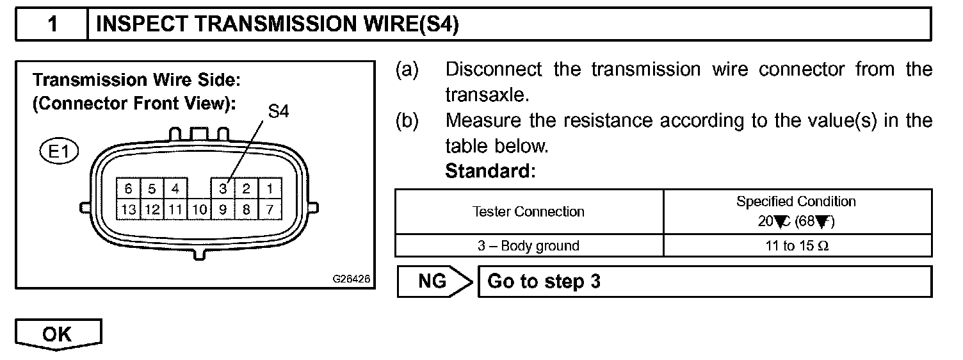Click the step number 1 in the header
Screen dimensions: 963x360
[52, 24]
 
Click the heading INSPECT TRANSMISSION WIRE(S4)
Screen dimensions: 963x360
[277, 24]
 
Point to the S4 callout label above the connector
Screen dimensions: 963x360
[278, 111]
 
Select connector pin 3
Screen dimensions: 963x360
[223, 189]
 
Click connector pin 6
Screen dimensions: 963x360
[128, 189]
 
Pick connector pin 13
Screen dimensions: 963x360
[128, 209]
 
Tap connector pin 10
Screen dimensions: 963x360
[199, 209]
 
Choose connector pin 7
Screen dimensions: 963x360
[270, 209]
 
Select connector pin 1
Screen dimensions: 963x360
[270, 189]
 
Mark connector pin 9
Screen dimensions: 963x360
[223, 209]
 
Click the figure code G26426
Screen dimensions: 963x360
[352, 279]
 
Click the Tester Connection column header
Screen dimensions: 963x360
[528, 211]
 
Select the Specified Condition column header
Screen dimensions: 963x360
[796, 211]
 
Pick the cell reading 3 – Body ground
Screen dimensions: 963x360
[528, 246]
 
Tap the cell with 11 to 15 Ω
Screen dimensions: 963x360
[796, 246]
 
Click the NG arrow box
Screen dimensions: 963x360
[435, 281]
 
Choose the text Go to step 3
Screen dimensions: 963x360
[544, 281]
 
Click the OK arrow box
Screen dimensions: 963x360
[58, 335]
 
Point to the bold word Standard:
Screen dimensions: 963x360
[490, 172]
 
